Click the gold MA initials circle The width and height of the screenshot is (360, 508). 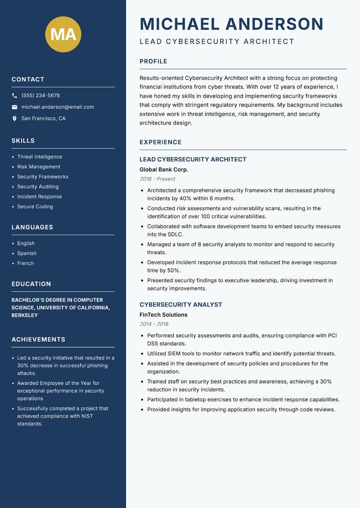coord(63,34)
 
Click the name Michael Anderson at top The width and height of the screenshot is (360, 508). coord(231,24)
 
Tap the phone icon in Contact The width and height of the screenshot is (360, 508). coord(14,96)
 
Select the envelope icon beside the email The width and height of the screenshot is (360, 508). coord(14,107)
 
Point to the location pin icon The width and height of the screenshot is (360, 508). coord(14,119)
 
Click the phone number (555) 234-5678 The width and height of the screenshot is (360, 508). coord(40,96)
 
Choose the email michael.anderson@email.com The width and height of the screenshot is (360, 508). coord(58,107)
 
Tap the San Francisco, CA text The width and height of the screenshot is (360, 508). coord(43,119)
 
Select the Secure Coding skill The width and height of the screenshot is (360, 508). coord(35,207)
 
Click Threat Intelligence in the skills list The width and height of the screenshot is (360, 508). coord(40,157)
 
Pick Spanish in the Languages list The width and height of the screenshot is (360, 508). coord(27,254)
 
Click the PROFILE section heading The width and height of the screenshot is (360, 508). coord(153,62)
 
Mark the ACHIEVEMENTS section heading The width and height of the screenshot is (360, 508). coord(38,339)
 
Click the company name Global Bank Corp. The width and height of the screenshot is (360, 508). coord(164,169)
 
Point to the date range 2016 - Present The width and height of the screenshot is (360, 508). coord(157,179)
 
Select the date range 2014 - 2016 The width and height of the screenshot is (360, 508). coord(154,324)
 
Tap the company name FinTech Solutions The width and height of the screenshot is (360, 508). coord(163,315)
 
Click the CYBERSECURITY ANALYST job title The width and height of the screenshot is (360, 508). coord(181,305)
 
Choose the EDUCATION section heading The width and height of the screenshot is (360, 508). coord(31,284)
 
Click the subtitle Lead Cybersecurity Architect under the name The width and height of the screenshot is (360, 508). coord(217,42)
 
